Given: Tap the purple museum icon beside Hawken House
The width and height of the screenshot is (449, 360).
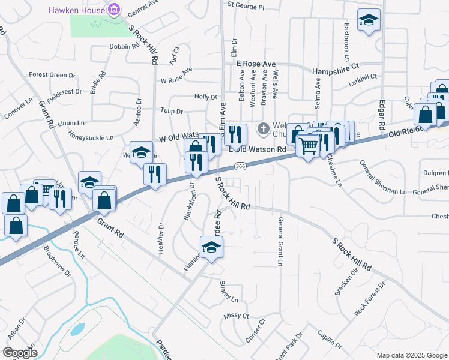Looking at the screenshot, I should pos(112,9).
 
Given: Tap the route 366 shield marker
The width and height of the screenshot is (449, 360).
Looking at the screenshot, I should pos(240,166).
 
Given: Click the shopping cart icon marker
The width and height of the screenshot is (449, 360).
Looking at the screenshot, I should pos(308,145).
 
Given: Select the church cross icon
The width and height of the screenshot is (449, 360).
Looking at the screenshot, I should pos(262,128).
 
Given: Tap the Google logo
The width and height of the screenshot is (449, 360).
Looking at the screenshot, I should pos(20,352).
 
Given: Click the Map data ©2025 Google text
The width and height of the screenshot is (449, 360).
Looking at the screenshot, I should pos(411,355).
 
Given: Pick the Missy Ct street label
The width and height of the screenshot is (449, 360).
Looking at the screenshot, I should pos(236,316).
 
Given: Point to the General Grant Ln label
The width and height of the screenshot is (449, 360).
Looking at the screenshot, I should pos(280,241).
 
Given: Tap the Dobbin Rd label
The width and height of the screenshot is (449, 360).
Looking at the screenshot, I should pos(125,46).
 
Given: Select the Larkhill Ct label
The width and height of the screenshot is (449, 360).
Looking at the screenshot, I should pos(361,77).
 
